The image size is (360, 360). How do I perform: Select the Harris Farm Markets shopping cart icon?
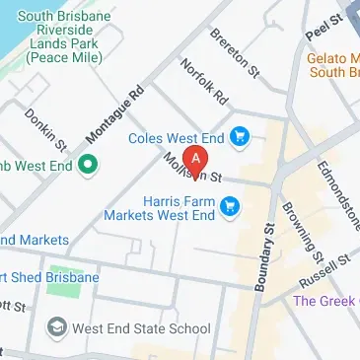[232, 206]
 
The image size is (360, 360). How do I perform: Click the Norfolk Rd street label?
[204, 84]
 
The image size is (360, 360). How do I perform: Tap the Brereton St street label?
[235, 52]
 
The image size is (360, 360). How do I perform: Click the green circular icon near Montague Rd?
[86, 164]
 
